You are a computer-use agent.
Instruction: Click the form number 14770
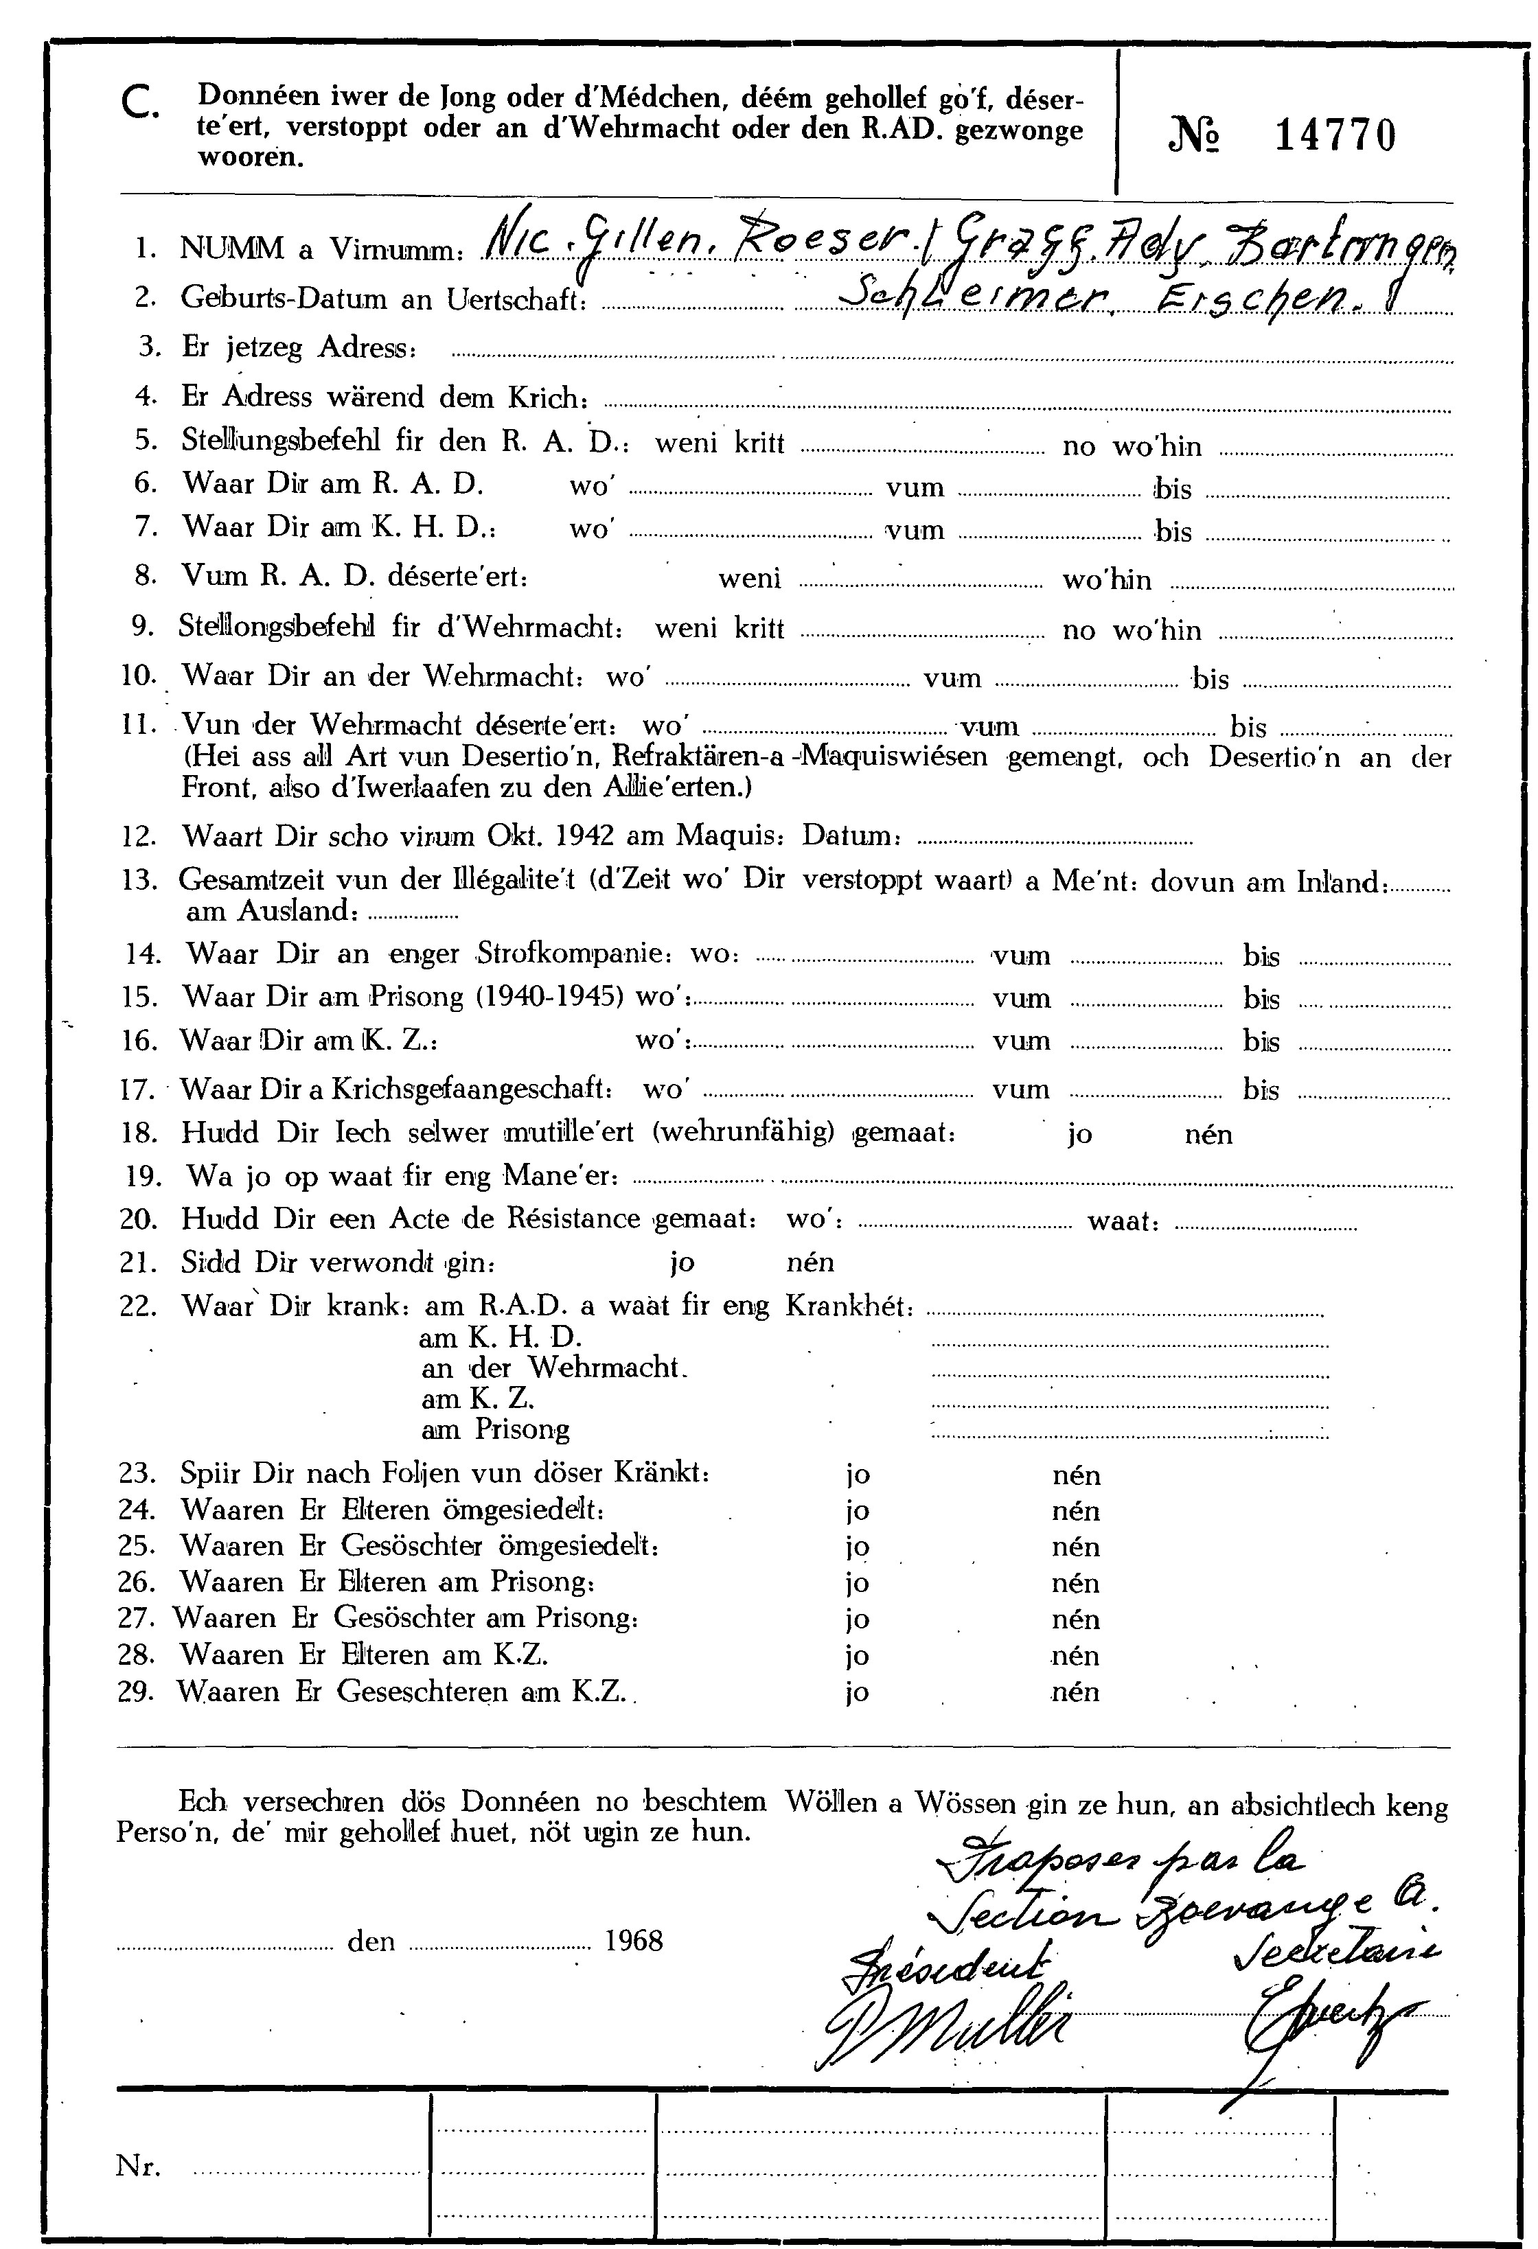point(1335,135)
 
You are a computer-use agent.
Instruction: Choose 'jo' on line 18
point(1080,1134)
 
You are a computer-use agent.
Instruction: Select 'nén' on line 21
point(810,1262)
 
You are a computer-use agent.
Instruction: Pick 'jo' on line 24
point(857,1510)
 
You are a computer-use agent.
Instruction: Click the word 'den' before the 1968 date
point(371,1941)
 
